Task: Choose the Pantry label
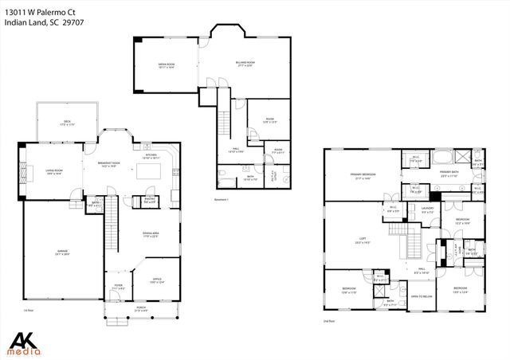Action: tap(149, 202)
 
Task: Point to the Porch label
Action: tap(140, 308)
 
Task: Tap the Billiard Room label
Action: tap(245, 63)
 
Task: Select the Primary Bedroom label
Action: tap(363, 177)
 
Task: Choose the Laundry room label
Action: tap(426, 211)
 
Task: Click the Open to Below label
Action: tap(422, 295)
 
